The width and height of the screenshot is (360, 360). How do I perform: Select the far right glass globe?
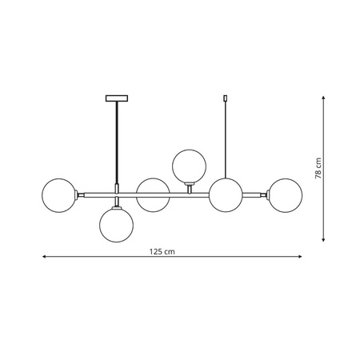[x=285, y=194]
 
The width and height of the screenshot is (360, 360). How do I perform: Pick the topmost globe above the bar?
[x=189, y=166]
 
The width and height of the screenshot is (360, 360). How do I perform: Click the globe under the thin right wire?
[x=226, y=194]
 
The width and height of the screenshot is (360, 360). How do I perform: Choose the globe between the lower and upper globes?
[x=151, y=194]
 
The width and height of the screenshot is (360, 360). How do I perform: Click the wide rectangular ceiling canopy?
[x=117, y=99]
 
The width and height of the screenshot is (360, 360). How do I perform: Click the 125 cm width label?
[x=162, y=250]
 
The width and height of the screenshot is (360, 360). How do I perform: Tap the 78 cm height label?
[x=318, y=169]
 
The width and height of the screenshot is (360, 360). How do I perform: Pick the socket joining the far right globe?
[x=265, y=194]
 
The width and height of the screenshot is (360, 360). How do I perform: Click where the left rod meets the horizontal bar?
[x=117, y=194]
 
